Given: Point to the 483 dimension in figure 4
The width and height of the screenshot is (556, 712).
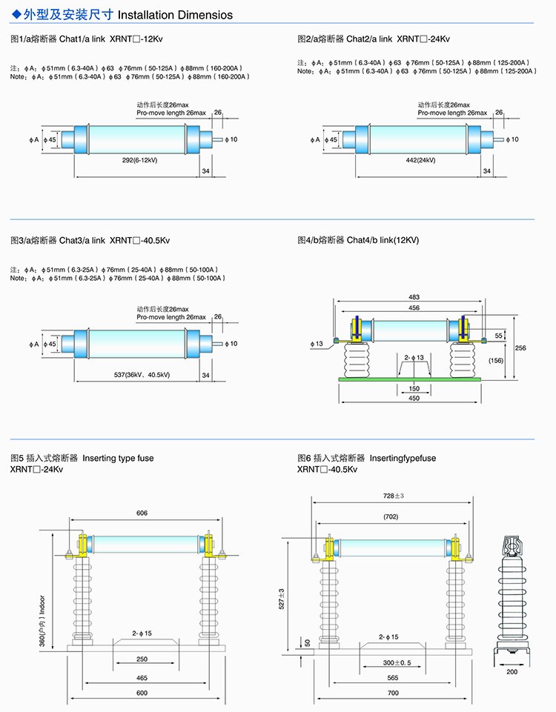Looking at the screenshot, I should (414, 297).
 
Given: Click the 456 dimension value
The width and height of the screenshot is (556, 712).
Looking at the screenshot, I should (414, 307).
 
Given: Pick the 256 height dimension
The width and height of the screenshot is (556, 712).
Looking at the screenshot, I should (521, 348).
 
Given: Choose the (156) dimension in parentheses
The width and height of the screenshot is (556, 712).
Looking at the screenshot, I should (496, 360).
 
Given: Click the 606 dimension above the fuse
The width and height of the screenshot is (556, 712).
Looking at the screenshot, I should (142, 513).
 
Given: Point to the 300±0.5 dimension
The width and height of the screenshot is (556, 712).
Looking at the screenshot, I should (393, 662).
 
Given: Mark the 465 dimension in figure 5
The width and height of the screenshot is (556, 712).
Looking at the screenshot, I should (142, 678).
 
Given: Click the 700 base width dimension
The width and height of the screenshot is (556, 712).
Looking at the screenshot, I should (393, 693).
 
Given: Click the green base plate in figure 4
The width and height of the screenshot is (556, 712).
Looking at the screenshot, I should (409, 379).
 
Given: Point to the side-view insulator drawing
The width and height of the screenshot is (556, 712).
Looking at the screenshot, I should (512, 593).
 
